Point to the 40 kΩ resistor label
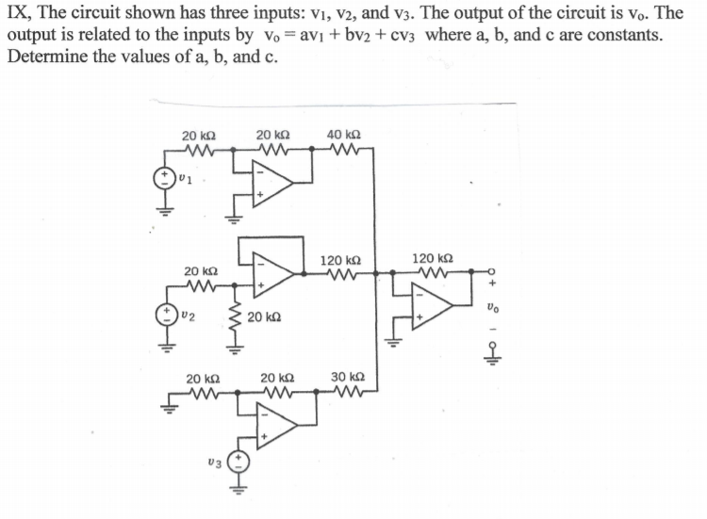[x=344, y=136]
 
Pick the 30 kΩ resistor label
[x=347, y=378]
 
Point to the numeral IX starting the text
[x=16, y=14]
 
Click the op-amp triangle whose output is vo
[x=434, y=304]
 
